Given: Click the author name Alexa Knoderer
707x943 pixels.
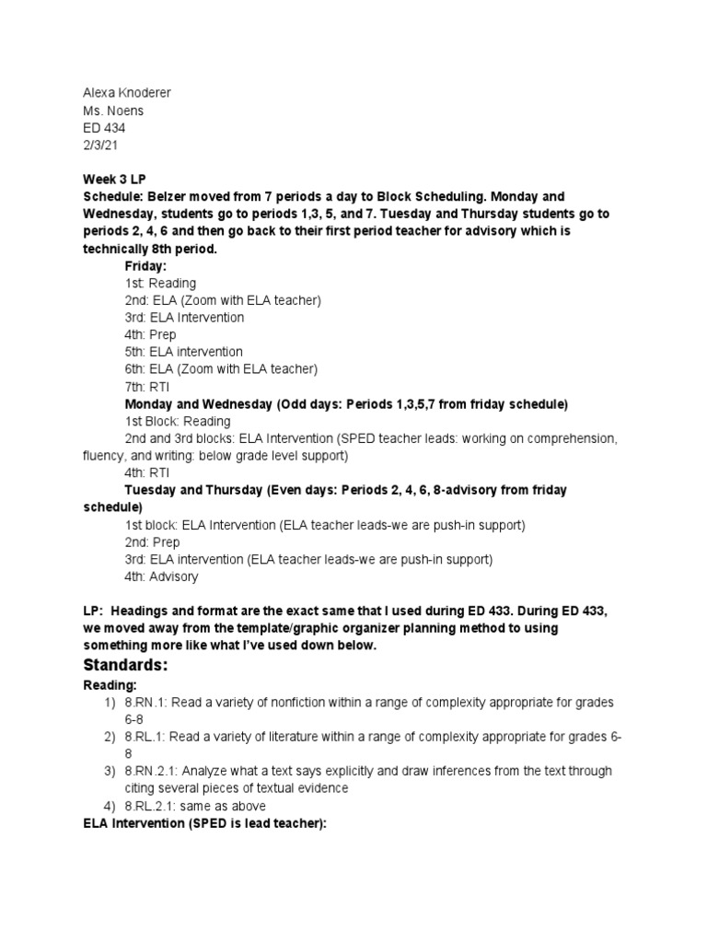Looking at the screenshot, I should tap(126, 93).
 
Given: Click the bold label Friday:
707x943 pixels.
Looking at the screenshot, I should tap(145, 265).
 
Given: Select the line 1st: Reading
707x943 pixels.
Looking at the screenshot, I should tap(160, 283).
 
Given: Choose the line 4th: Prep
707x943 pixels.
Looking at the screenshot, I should tap(150, 334).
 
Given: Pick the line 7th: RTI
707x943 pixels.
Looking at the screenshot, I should tap(146, 386).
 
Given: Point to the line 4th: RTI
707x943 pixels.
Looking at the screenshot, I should tap(146, 472).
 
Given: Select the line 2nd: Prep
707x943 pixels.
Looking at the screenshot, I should tap(152, 541).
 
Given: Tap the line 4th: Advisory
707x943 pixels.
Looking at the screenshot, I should tap(161, 576).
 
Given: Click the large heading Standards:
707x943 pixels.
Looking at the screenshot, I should tap(125, 665).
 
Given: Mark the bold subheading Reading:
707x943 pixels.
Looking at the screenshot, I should tap(110, 685).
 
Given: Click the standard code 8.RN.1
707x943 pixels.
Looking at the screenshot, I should tap(146, 703).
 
